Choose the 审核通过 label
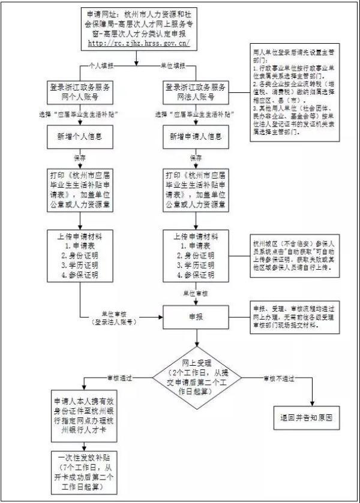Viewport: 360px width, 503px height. click(x=119, y=378)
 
